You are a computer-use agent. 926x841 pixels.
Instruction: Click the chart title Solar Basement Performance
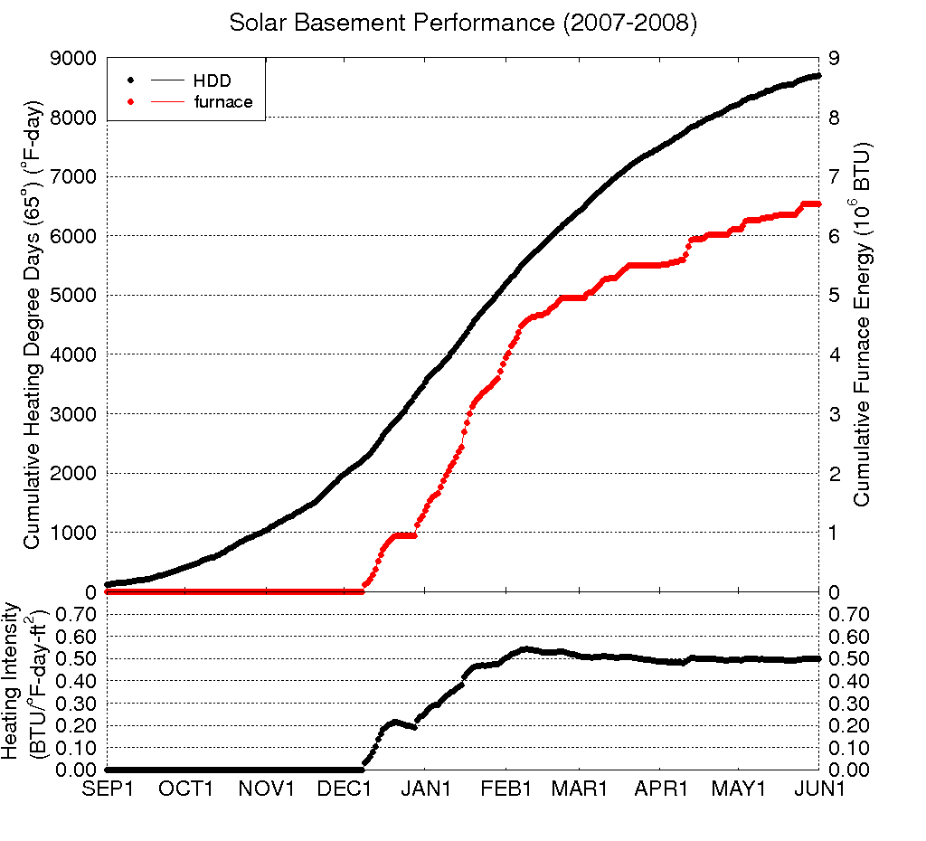462,24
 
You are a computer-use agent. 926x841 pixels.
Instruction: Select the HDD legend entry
213,81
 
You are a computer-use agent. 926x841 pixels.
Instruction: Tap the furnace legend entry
223,101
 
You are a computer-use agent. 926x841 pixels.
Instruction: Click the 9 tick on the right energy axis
835,59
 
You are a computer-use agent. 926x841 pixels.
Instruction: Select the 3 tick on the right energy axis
835,414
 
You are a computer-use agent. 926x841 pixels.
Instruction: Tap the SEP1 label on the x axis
109,789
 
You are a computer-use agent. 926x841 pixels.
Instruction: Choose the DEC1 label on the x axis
345,789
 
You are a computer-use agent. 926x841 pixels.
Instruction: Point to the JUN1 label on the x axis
819,789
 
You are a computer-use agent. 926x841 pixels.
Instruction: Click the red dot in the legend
132,101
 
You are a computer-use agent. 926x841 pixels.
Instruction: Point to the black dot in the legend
132,81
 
